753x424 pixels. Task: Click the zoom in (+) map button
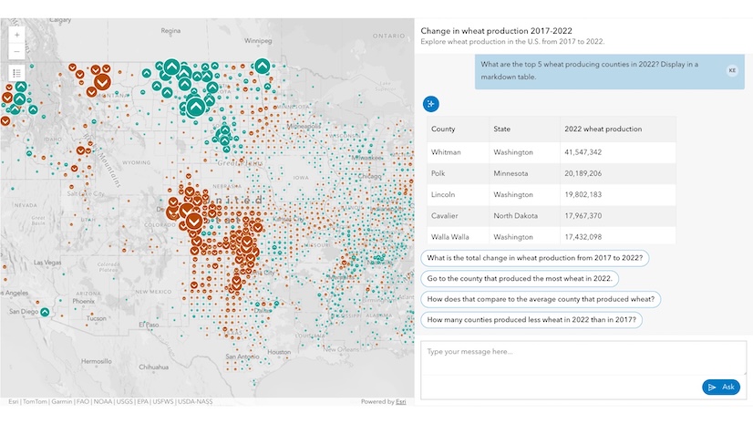[17, 35]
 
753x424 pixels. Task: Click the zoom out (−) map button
[17, 51]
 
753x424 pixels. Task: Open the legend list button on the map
[17, 73]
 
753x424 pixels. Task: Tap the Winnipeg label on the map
[258, 41]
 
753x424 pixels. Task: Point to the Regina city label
[170, 30]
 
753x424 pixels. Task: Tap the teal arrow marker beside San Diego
[45, 313]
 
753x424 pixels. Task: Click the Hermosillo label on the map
[96, 361]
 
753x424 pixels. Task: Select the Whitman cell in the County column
[446, 152]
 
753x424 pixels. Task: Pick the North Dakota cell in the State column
[517, 216]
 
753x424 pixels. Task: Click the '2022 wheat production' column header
[603, 129]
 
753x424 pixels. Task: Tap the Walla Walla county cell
[451, 237]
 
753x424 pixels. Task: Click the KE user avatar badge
[732, 70]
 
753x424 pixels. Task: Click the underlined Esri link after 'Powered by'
[400, 401]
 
